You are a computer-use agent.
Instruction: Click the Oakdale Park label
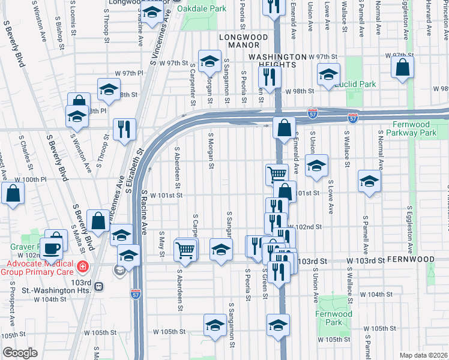(x=205, y=9)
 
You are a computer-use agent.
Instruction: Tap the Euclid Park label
(x=355, y=84)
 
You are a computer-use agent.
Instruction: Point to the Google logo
(x=20, y=353)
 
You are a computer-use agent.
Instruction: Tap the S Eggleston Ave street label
(x=410, y=232)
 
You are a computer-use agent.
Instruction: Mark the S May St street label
(x=162, y=242)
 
